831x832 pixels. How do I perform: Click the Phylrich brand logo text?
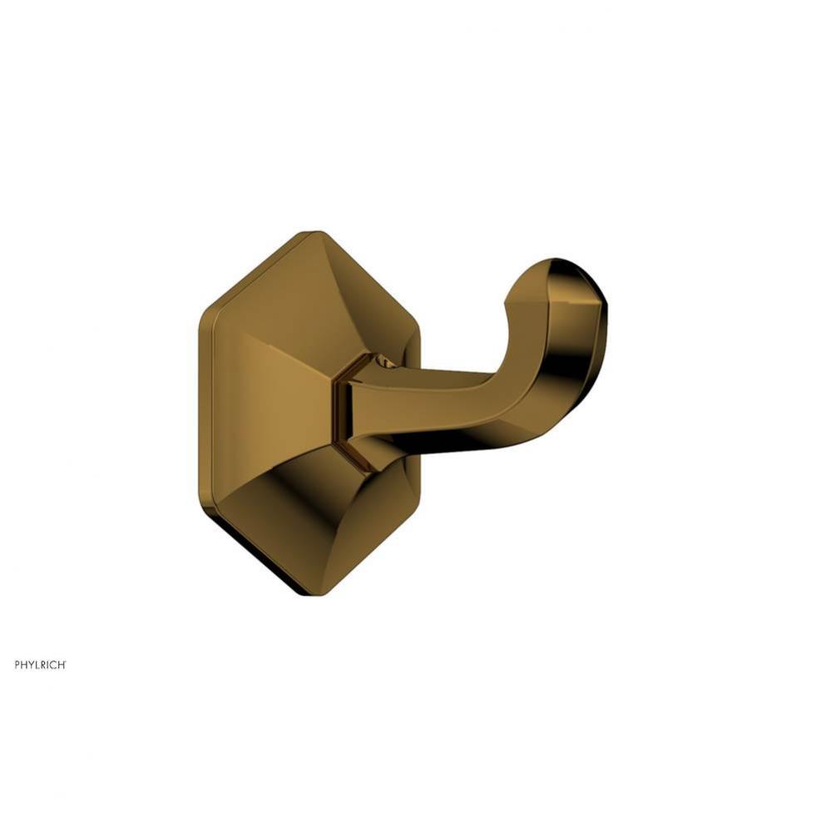pos(40,665)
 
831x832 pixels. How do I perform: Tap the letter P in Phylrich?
pos(17,665)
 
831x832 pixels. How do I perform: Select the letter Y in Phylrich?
pos(31,665)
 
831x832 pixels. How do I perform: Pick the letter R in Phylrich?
pos(43,665)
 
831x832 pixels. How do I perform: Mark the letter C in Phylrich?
pos(53,665)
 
